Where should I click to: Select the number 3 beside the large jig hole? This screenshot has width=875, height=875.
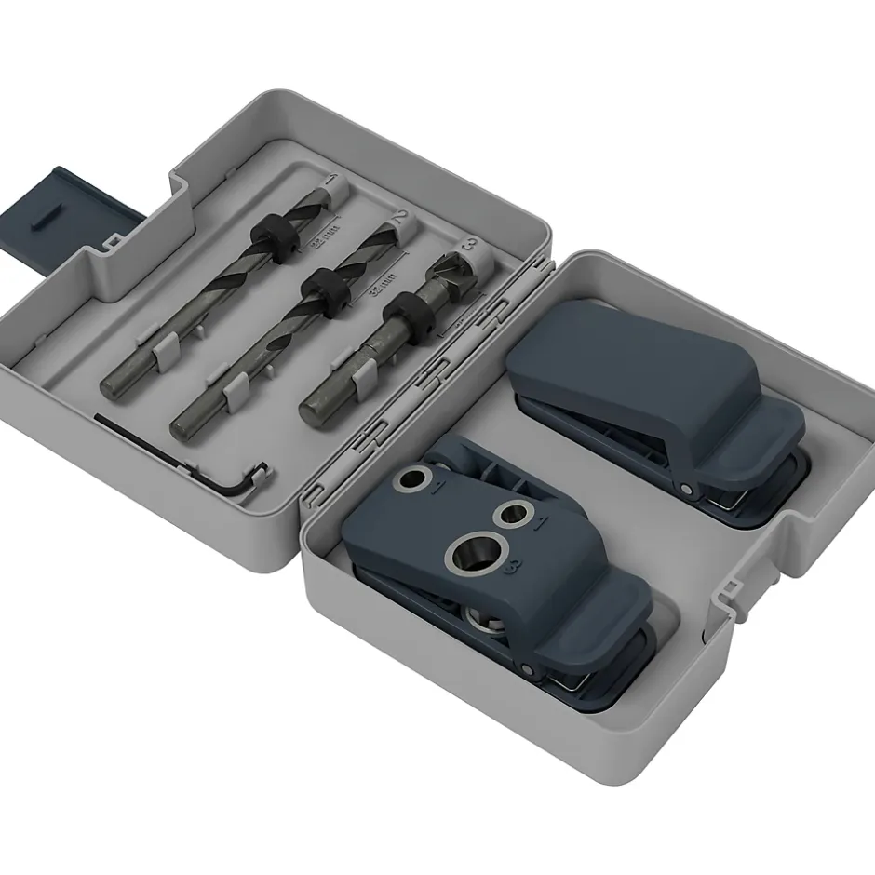pyautogui.click(x=510, y=569)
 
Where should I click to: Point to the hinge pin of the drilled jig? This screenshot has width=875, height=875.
pyautogui.click(x=527, y=668)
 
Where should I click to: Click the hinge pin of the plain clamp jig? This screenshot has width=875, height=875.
pyautogui.click(x=686, y=489)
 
